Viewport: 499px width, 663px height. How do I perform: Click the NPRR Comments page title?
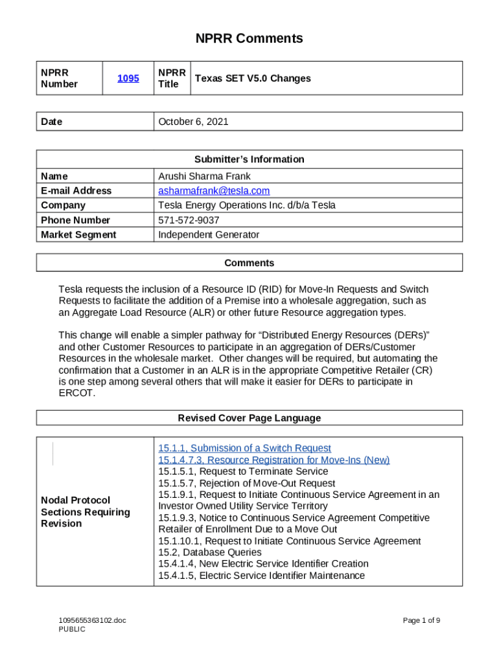coord(250,39)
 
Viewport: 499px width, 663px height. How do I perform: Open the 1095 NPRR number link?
coord(128,78)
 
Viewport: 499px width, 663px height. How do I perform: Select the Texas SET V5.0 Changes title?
coord(253,78)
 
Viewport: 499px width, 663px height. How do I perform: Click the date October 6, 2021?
coord(193,122)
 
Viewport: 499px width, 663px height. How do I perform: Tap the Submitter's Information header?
coord(250,159)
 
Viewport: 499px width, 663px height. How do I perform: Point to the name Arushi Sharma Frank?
coord(204,176)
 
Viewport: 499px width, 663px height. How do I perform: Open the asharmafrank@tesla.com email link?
coord(214,191)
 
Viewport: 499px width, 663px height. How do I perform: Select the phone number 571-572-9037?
coord(189,220)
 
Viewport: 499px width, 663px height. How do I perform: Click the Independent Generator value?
coord(209,234)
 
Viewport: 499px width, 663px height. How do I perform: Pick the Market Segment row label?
coord(78,234)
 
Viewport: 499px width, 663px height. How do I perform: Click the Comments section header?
coord(250,263)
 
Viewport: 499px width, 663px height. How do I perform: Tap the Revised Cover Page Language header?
coord(250,418)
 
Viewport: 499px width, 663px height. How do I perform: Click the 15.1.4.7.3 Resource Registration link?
coord(273,460)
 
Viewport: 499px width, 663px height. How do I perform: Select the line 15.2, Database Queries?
coord(210,552)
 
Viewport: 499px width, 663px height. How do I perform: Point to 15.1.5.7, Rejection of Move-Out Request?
coord(247,483)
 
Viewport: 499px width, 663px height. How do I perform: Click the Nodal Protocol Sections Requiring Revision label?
coord(86,511)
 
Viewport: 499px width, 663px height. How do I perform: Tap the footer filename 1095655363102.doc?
coord(92,620)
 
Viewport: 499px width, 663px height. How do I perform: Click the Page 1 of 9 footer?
coord(421,620)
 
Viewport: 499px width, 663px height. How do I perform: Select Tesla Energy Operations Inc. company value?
coord(247,205)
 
